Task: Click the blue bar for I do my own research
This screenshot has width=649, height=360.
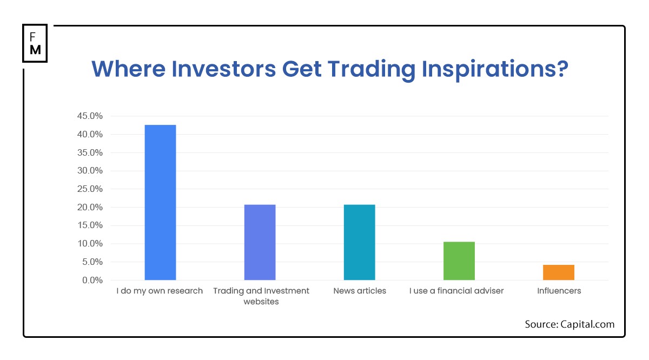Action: pos(160,203)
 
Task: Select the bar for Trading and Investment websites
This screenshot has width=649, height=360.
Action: pos(260,242)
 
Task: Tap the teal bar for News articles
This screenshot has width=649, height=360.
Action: pos(359,242)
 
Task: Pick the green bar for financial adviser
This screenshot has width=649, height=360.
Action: pos(459,261)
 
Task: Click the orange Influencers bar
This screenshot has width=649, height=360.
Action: pos(559,272)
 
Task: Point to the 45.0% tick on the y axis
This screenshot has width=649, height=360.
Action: pos(90,116)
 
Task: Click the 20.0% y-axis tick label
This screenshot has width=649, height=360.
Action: pos(90,208)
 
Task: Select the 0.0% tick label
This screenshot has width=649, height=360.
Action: pos(92,281)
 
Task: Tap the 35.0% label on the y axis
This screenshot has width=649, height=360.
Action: pos(90,152)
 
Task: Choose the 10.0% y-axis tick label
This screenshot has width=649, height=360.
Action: pos(90,244)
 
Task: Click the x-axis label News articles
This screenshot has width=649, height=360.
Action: pos(360,291)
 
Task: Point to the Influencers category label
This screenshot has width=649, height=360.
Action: pos(559,291)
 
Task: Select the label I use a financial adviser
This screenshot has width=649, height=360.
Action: pos(456,291)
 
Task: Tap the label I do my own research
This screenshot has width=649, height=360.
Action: pos(160,291)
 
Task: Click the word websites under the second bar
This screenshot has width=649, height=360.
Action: pos(261,302)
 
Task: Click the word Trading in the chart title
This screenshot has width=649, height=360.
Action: pos(372,70)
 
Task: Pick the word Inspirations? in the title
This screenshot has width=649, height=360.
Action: pos(495,70)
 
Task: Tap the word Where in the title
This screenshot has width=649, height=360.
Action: pos(128,69)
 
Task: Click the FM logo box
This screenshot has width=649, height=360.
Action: pos(35,43)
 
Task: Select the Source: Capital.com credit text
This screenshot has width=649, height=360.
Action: pos(569,324)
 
